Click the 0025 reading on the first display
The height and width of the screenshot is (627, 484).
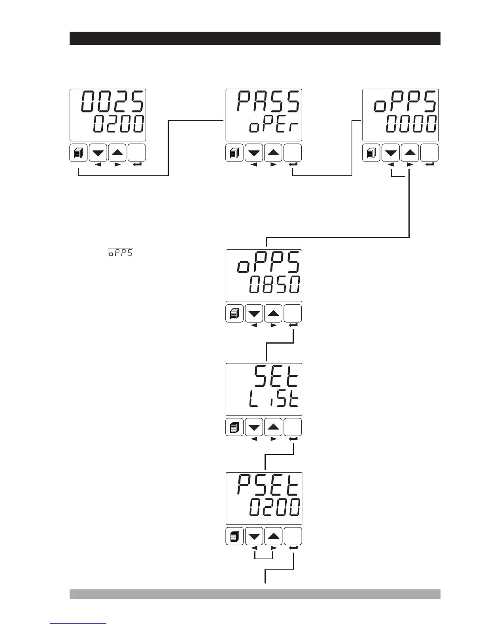click(x=113, y=102)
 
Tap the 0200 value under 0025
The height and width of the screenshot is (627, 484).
click(x=119, y=125)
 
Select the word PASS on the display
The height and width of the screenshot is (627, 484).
click(x=268, y=102)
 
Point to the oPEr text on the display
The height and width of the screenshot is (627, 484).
click(x=274, y=127)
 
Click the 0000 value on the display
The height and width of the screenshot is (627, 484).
click(x=411, y=125)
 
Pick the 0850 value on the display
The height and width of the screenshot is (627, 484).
click(x=274, y=285)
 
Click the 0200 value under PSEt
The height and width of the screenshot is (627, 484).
click(x=274, y=507)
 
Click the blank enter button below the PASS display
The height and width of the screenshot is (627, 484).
click(x=293, y=153)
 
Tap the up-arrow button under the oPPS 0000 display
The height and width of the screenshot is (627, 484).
click(x=410, y=153)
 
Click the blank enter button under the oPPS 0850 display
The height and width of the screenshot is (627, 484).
click(x=293, y=314)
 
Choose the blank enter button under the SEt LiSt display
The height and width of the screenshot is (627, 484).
click(x=293, y=427)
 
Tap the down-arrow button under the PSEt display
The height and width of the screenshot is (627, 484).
click(x=254, y=536)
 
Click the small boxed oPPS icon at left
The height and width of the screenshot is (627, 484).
click(x=121, y=253)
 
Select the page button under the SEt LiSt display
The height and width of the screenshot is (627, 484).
click(x=234, y=427)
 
